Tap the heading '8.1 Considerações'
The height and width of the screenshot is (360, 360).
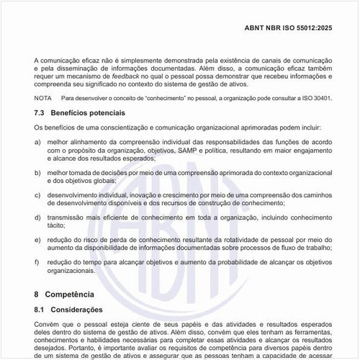pos(68,310)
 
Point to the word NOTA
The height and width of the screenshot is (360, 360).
pos(43,98)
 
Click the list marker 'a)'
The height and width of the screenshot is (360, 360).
pos(38,142)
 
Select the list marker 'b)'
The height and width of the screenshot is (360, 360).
pos(38,174)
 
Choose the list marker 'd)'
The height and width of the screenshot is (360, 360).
pos(38,216)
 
